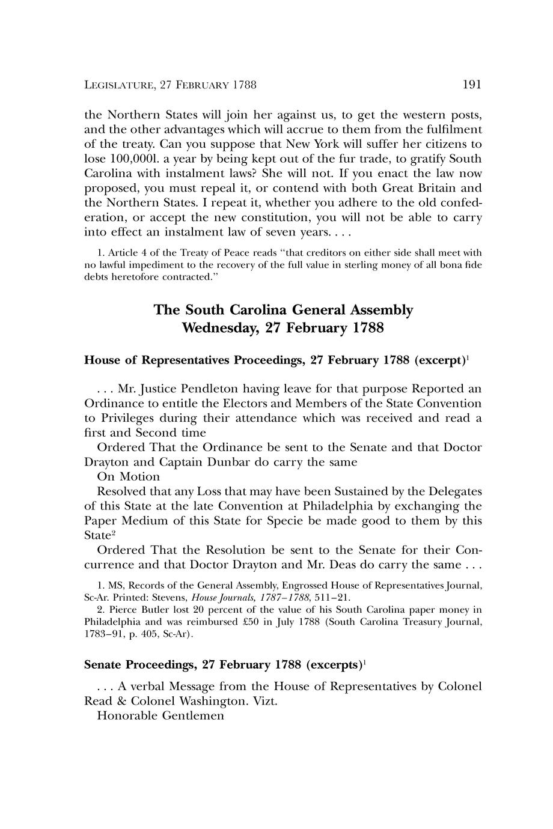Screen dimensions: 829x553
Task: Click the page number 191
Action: click(x=472, y=85)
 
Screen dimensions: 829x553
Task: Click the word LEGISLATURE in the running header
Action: click(x=118, y=85)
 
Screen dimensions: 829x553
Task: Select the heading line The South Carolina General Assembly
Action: click(x=283, y=310)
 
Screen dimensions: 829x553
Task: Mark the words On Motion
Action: click(x=128, y=476)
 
